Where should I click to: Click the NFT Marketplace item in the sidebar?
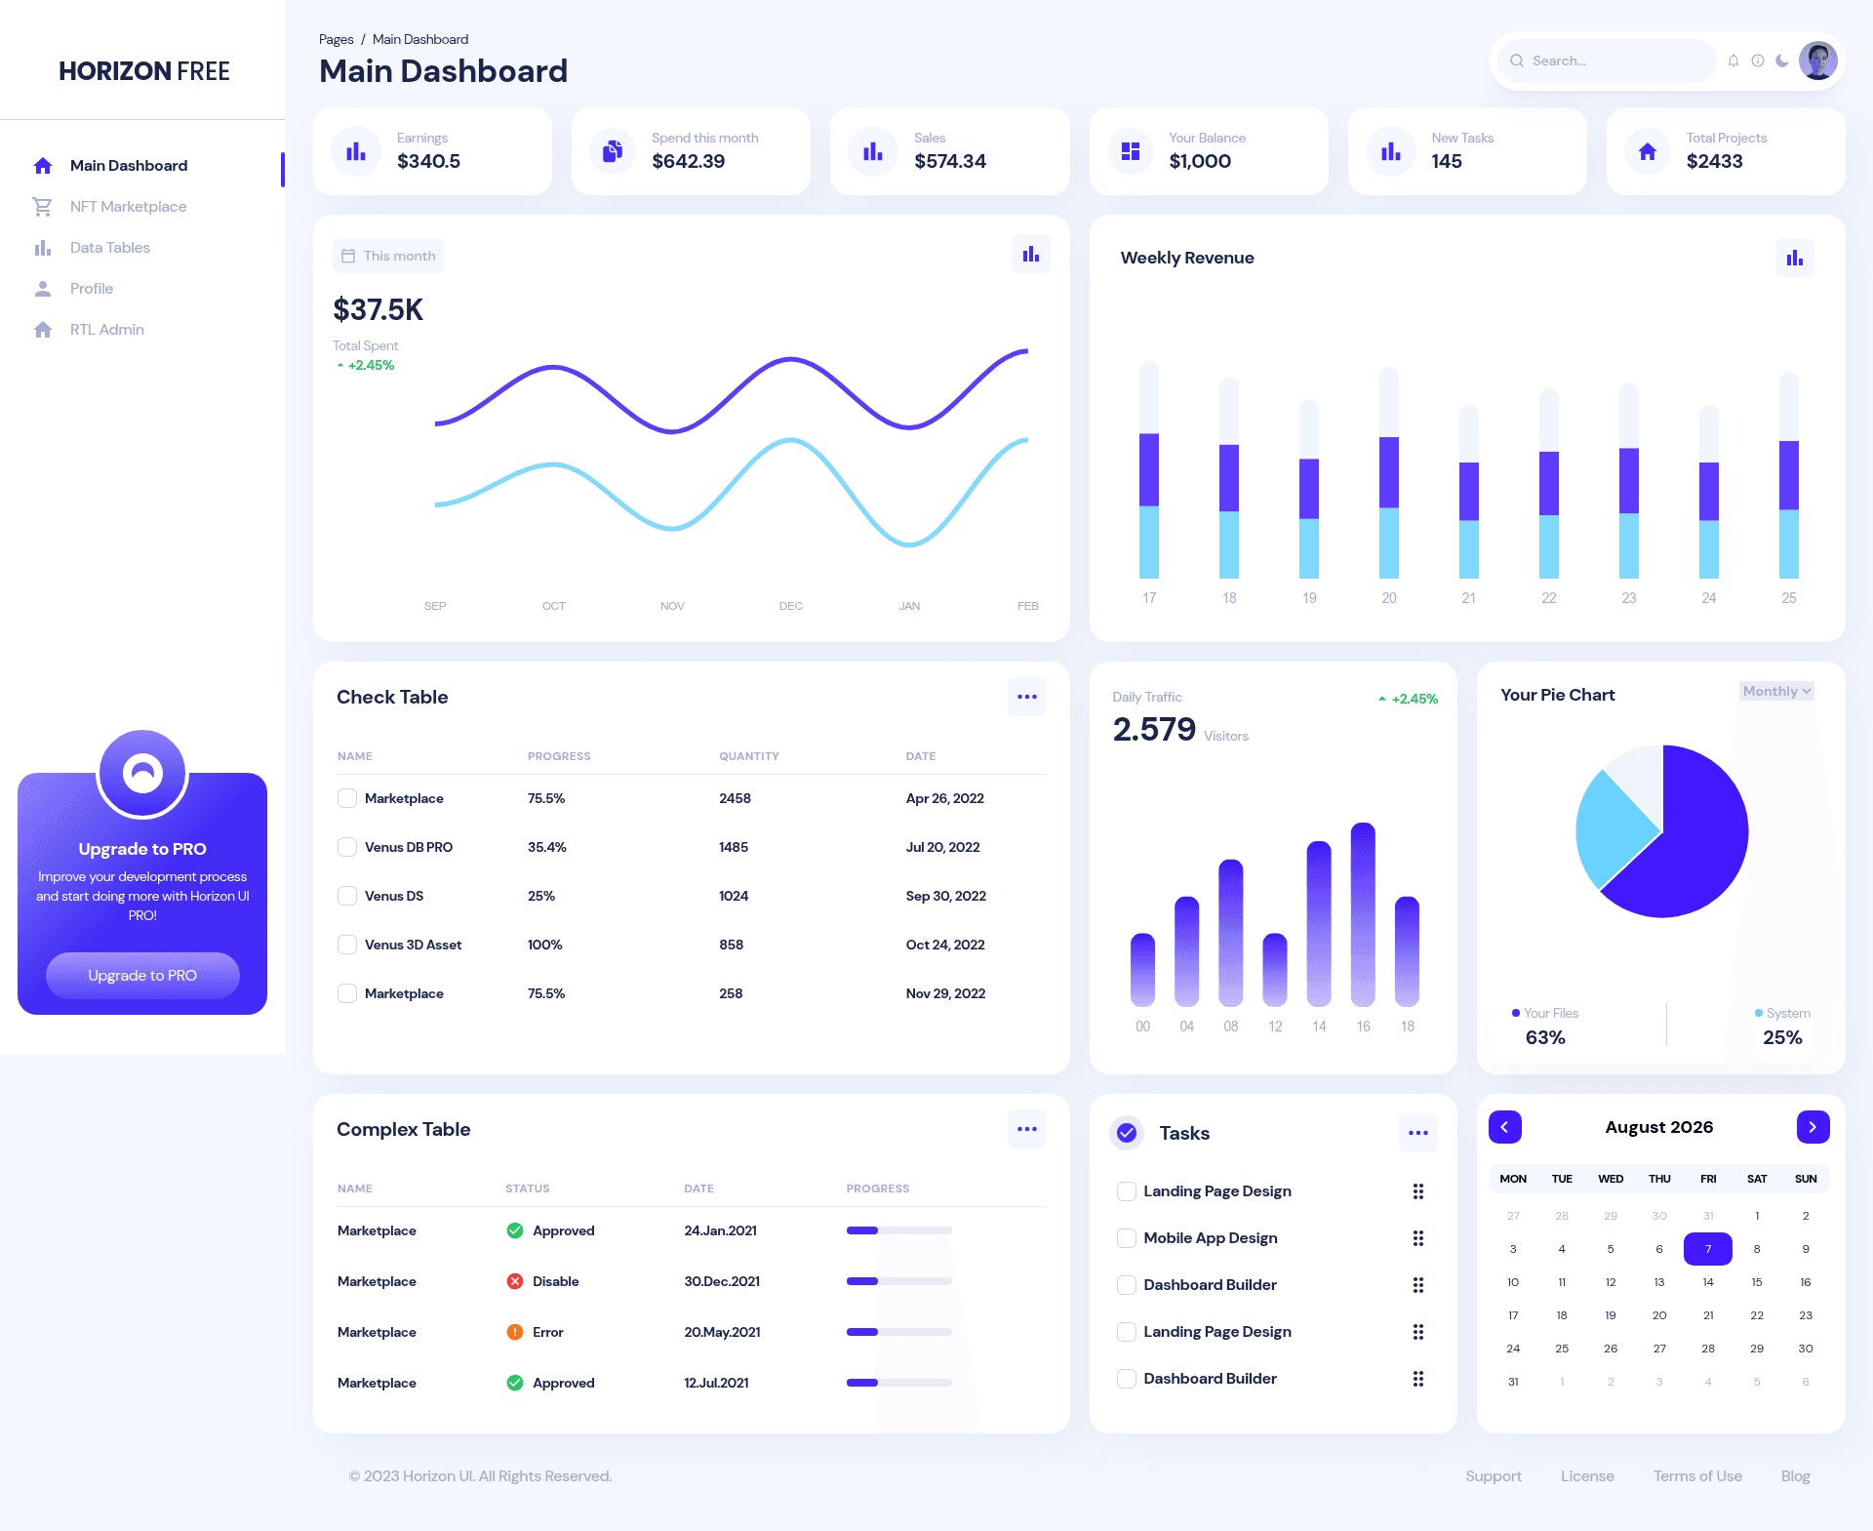tap(128, 207)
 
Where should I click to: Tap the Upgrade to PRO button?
tap(142, 975)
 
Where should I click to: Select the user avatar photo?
tap(1817, 60)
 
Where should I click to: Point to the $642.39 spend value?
tap(688, 161)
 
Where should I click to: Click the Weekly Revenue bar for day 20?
tap(1389, 472)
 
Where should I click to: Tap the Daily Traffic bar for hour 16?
tap(1363, 914)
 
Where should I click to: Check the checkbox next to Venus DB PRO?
tap(347, 847)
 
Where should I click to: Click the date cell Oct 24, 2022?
tap(945, 945)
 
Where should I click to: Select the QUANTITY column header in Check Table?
tap(749, 756)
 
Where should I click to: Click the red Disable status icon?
tap(515, 1281)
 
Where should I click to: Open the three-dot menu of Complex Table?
tap(1027, 1129)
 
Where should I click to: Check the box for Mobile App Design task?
tap(1127, 1238)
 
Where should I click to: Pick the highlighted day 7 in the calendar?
tap(1708, 1249)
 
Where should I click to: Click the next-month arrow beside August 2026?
tap(1813, 1127)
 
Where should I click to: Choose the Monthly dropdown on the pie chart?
tap(1776, 691)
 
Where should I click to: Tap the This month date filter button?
tap(388, 256)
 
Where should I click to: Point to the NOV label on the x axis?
tap(672, 606)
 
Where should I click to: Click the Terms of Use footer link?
tap(1697, 1476)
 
